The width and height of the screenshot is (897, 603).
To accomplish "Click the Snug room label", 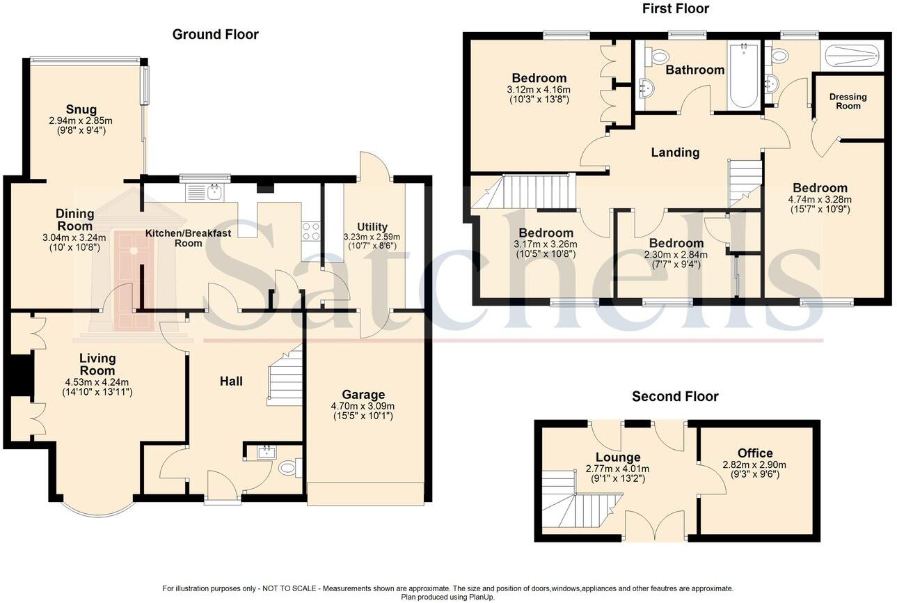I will click(x=81, y=109).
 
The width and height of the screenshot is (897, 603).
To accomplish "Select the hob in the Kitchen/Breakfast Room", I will click(x=310, y=230).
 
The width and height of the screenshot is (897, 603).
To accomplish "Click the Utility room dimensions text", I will click(x=372, y=242).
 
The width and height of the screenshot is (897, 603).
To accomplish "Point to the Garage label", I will click(x=363, y=395).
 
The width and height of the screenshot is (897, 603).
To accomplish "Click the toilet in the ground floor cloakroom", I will click(x=289, y=469).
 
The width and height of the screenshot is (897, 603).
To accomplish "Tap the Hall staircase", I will click(x=285, y=379).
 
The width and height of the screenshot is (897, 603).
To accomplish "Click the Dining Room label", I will click(x=74, y=220).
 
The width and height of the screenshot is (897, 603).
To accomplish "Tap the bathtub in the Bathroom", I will click(x=743, y=77).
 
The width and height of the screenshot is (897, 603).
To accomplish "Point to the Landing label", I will click(x=675, y=152).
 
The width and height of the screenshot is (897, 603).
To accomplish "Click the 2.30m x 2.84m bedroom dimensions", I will click(x=676, y=255).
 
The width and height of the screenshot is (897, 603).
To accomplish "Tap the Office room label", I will click(x=755, y=453).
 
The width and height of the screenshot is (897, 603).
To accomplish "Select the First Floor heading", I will click(x=675, y=9).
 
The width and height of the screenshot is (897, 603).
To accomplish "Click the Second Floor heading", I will click(x=675, y=397).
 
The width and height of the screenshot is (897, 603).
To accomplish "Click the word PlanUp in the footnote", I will click(x=479, y=597).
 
